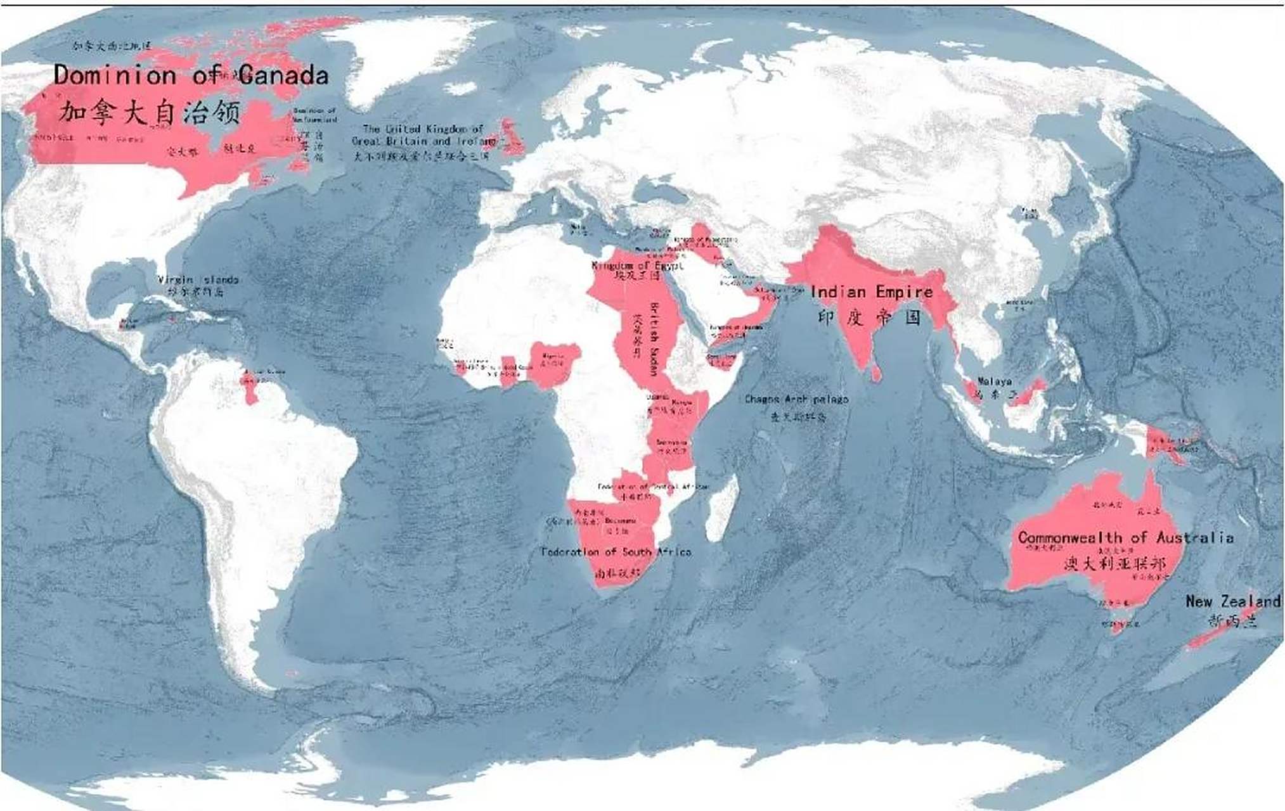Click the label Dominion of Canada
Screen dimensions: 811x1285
click(190, 75)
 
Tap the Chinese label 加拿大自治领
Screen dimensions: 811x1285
click(150, 113)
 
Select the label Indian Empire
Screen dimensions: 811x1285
click(871, 292)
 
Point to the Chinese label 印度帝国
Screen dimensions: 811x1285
click(869, 316)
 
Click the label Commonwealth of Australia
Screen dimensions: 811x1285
click(1125, 538)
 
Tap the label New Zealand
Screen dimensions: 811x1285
click(1232, 601)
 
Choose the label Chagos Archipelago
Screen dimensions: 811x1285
click(796, 399)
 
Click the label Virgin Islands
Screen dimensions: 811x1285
click(198, 279)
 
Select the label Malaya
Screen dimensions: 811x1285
click(994, 381)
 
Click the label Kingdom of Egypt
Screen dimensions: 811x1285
click(637, 265)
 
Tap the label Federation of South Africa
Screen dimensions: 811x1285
click(616, 552)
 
